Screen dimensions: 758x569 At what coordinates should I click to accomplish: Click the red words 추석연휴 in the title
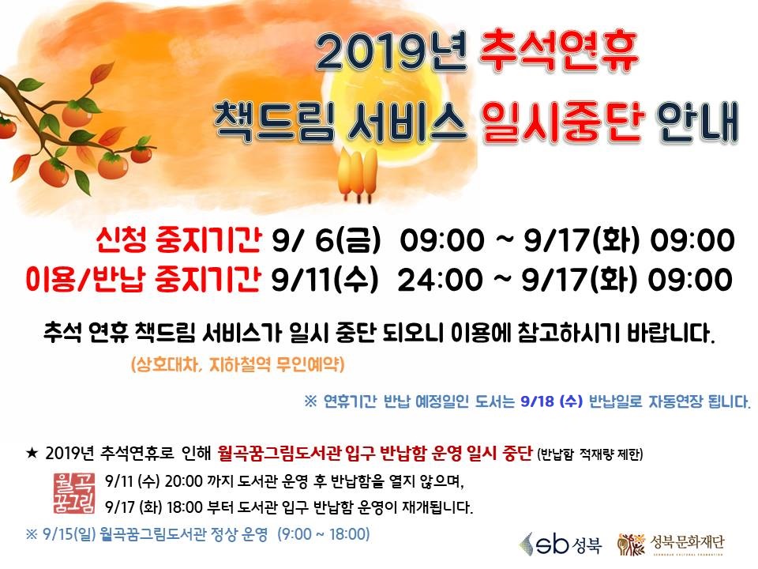point(558,51)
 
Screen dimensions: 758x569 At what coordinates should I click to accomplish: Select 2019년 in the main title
point(391,51)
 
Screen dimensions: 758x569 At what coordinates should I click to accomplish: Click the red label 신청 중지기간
point(178,239)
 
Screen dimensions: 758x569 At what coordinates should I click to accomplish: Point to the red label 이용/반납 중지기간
point(144,279)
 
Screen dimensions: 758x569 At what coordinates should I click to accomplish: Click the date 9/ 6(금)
point(326,240)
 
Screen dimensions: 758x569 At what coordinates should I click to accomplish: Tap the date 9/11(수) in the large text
point(325,280)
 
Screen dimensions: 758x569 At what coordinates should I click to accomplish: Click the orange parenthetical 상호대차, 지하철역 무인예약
point(238,364)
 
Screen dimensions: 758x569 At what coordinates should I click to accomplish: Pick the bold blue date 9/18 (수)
point(552,401)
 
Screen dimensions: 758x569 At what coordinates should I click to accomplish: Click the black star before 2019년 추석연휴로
point(32,454)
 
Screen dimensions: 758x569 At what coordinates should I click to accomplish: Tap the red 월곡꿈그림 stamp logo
point(74,493)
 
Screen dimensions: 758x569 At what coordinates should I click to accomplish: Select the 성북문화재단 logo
point(671,544)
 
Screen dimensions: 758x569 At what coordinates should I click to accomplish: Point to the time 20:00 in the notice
point(184,481)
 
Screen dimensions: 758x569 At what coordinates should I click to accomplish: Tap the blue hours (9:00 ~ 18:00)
point(324,534)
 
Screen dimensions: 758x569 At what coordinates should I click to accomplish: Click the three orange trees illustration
point(358,175)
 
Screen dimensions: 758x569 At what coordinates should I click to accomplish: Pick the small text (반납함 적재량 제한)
point(590,454)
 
